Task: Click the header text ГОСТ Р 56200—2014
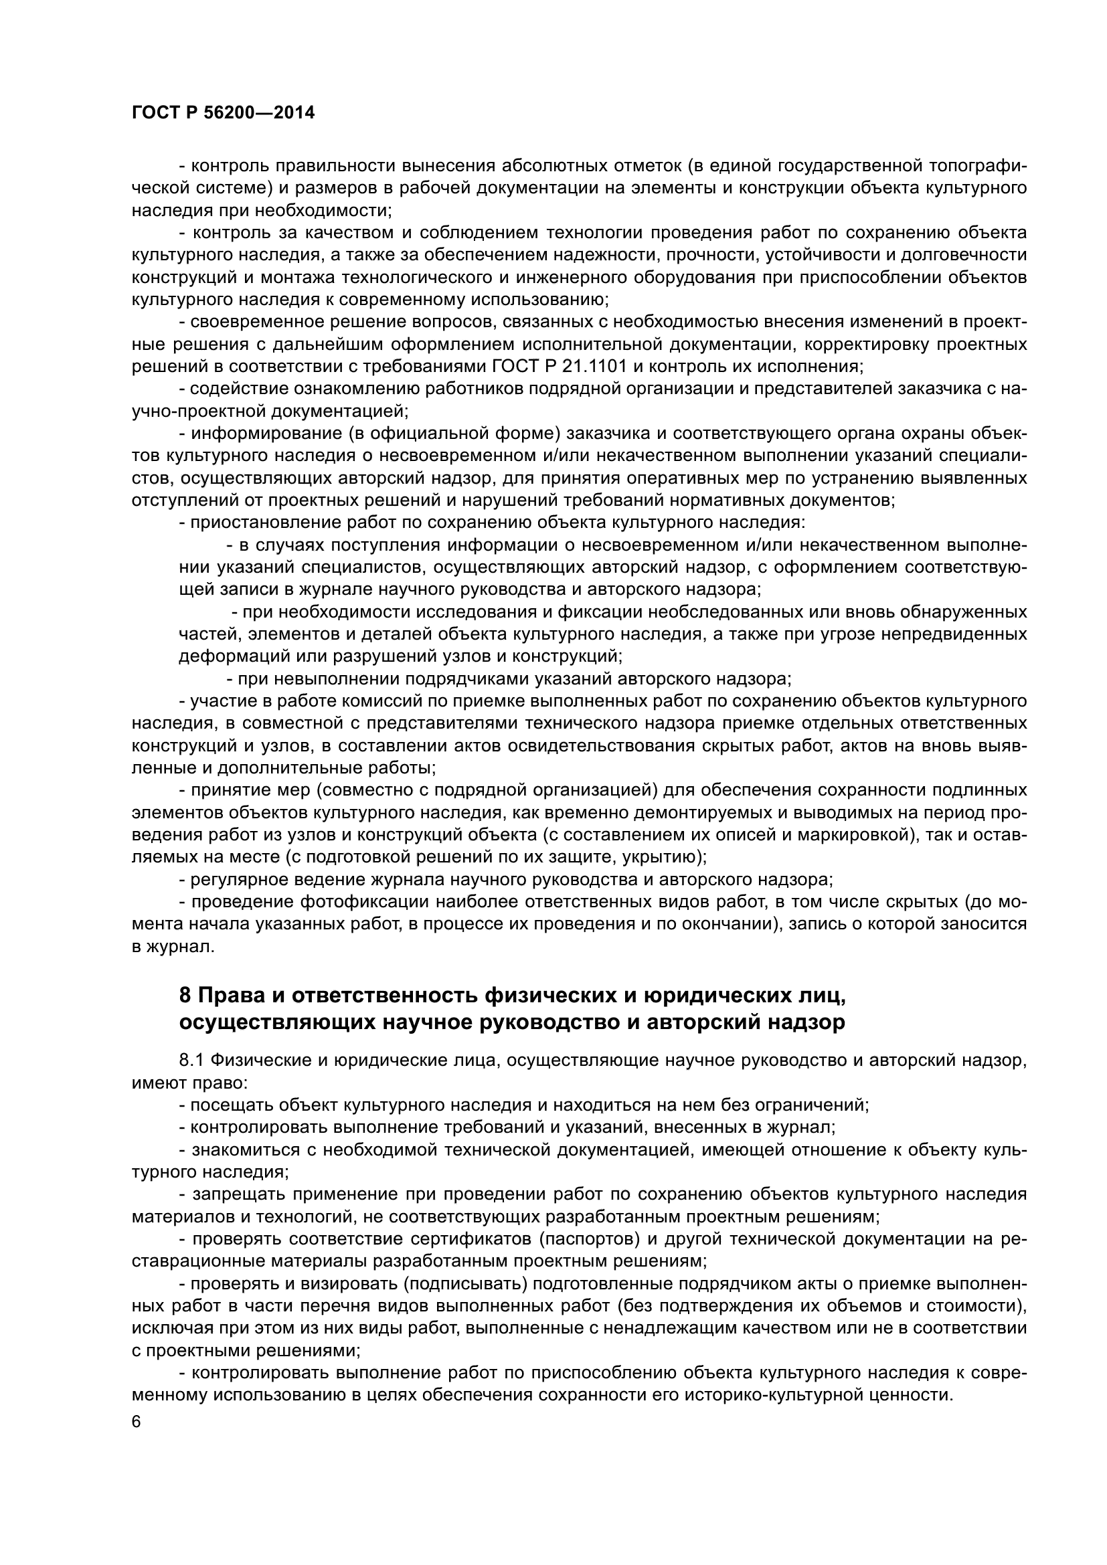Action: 223,113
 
